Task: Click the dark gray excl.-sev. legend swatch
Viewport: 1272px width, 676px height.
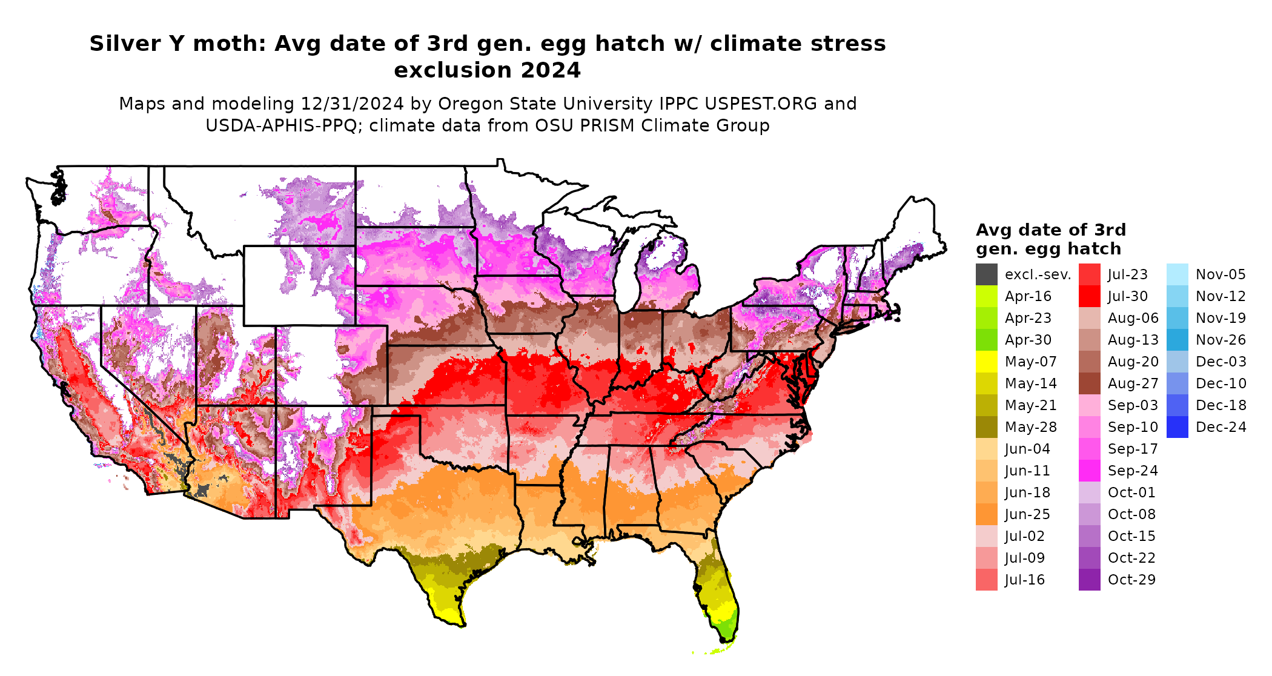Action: (x=986, y=274)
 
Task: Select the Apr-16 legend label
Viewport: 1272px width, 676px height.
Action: (x=1028, y=296)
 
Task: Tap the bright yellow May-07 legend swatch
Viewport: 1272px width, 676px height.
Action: (x=986, y=362)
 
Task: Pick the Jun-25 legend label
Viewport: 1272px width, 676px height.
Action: (x=1027, y=514)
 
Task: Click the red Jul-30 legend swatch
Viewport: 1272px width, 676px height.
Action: (x=1089, y=296)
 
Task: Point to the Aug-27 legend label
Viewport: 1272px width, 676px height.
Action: (x=1133, y=383)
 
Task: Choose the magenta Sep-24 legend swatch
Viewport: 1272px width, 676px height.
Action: (x=1089, y=471)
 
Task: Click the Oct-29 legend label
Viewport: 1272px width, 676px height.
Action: (x=1131, y=580)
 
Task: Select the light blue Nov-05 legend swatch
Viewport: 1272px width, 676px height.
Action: (x=1177, y=274)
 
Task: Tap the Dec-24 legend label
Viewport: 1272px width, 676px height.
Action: (x=1221, y=427)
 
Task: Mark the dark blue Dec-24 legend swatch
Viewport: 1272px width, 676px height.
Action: (x=1177, y=427)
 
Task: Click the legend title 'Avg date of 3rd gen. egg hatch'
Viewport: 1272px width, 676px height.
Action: (x=1050, y=239)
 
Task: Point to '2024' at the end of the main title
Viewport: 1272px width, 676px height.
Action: (x=550, y=71)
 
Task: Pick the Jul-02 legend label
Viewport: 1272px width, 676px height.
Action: (x=1025, y=536)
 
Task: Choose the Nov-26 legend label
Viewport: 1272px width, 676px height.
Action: (x=1221, y=340)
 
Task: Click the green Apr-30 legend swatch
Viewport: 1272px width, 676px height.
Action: (x=986, y=340)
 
